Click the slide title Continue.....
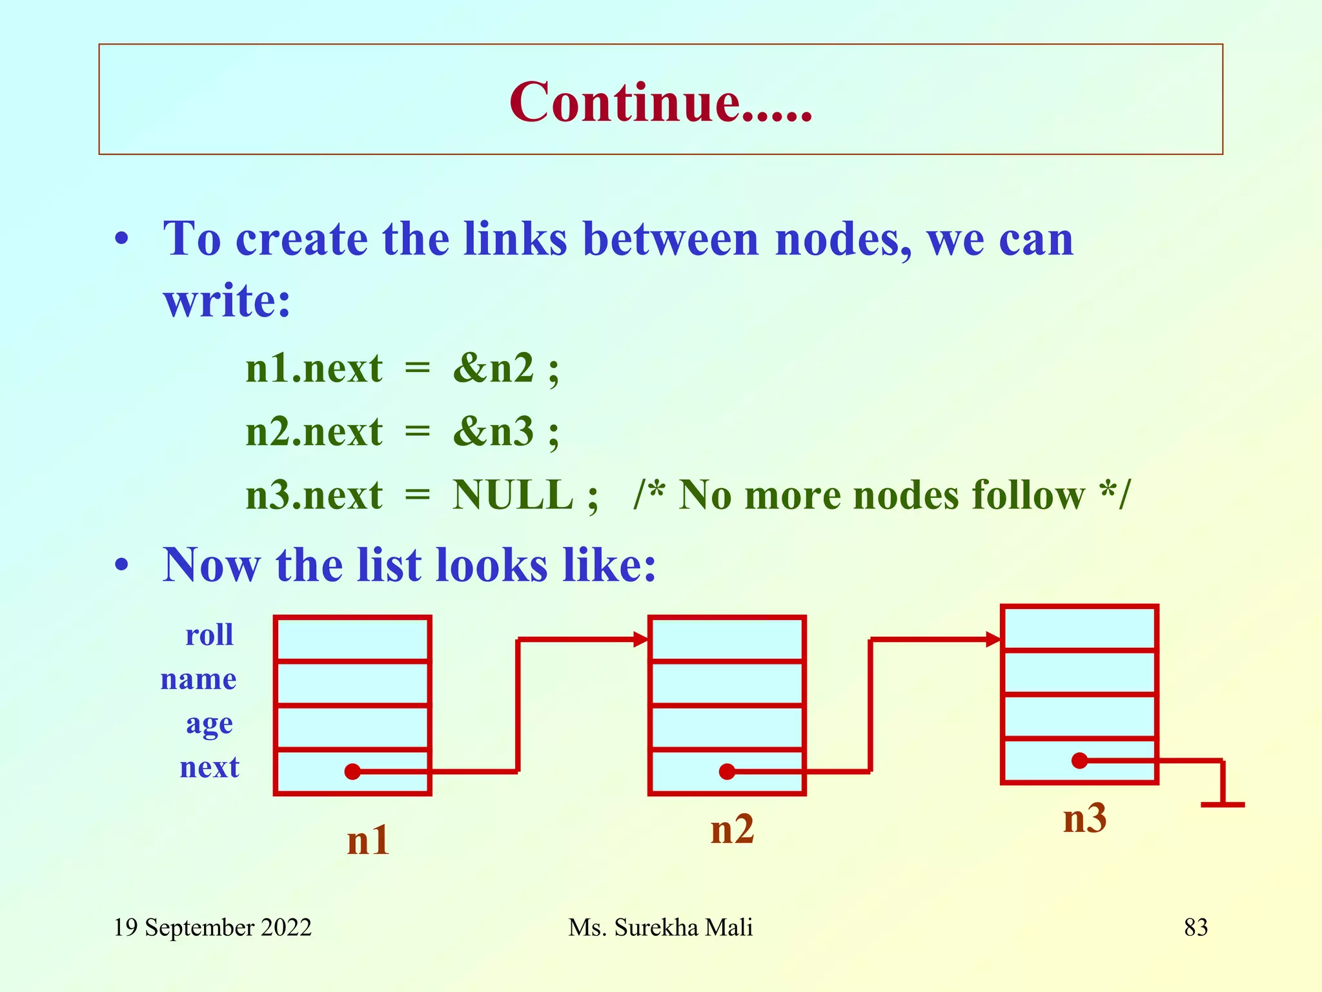(660, 102)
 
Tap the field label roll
(209, 635)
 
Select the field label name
(199, 679)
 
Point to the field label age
(209, 724)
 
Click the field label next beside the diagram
(209, 767)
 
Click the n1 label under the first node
(368, 840)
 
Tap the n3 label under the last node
(1084, 818)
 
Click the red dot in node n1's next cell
(352, 771)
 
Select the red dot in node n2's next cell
(727, 771)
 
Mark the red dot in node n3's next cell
(1079, 761)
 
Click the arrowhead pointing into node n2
(641, 640)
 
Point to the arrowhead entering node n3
(993, 640)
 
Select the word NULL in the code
(513, 495)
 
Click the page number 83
(1195, 927)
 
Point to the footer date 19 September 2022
(212, 927)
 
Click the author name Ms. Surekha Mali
(660, 927)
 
